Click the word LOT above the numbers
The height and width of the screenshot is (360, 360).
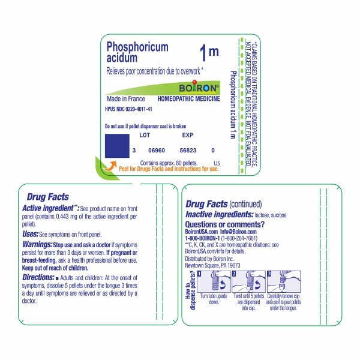click(x=145, y=135)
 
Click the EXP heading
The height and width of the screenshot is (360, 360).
click(x=187, y=135)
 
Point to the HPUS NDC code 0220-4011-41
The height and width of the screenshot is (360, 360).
click(x=128, y=109)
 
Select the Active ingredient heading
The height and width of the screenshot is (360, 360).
click(x=49, y=208)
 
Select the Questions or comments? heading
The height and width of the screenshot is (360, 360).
click(x=225, y=224)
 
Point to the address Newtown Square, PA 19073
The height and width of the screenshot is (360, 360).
click(x=213, y=265)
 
